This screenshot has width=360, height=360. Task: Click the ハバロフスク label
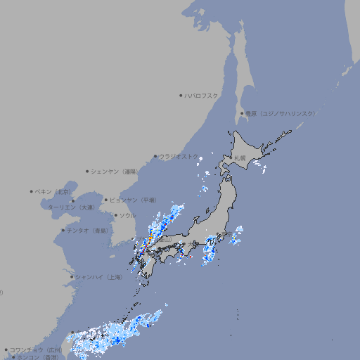coord(202,95)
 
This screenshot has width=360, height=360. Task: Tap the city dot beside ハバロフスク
coord(181,95)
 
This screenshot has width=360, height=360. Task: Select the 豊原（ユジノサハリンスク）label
coord(281,113)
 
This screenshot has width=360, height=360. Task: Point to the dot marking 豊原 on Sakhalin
coord(242,113)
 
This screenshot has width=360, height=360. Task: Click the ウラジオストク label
coord(179,157)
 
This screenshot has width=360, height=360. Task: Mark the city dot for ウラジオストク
coord(155,157)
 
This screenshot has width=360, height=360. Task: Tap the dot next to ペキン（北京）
coord(32,191)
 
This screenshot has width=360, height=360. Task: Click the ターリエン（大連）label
coord(71,207)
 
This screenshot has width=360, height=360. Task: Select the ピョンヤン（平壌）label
coord(134,200)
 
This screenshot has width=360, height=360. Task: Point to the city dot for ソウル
coord(115,215)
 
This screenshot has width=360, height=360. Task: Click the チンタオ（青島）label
coord(88,230)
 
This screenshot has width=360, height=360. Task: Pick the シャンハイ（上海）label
coord(99,277)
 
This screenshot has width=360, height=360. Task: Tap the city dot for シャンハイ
coord(72,277)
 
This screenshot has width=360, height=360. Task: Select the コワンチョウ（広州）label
coord(36,349)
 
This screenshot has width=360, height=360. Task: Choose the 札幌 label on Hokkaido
coord(240,158)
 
